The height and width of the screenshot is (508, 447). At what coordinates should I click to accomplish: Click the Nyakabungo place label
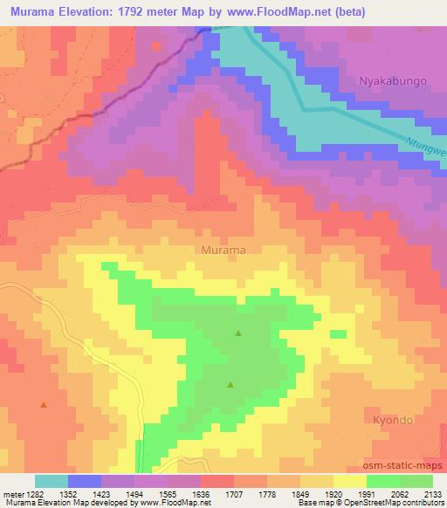393,80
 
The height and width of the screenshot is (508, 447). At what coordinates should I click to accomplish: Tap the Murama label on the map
223,250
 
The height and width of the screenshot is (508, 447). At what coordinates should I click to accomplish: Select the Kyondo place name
393,419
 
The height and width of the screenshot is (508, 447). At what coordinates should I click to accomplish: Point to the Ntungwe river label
426,151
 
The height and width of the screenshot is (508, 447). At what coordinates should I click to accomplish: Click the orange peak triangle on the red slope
44,405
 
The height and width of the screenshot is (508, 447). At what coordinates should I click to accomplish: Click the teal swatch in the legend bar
52,481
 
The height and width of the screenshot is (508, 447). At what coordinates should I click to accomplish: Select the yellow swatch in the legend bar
350,481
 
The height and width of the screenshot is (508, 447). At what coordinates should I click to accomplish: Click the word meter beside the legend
11,493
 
